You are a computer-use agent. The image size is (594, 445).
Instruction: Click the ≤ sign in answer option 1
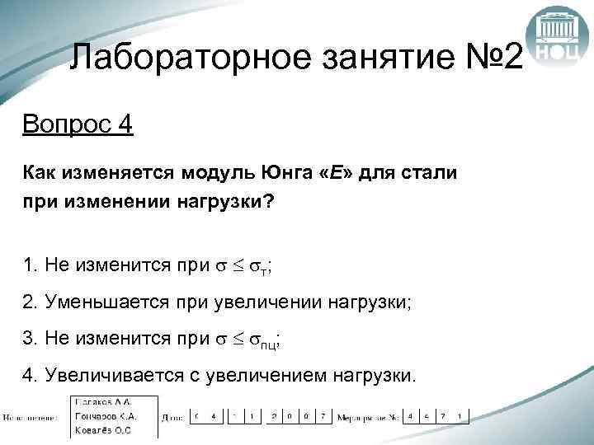[x=235, y=266]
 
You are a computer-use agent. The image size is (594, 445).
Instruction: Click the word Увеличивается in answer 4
[x=103, y=376]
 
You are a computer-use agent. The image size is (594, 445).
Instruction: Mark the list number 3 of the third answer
[x=28, y=339]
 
